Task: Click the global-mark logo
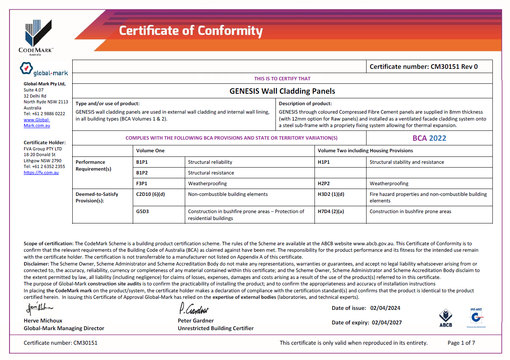44,70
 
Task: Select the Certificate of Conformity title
191,31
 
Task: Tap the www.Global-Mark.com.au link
37,122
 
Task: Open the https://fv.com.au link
41,173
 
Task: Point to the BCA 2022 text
429,138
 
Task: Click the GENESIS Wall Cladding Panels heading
282,91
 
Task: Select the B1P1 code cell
142,162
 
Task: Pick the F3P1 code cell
142,184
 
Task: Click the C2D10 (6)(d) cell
150,194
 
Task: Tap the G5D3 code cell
142,212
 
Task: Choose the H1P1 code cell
324,162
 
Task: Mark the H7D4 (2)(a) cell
331,212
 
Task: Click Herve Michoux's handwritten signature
39,308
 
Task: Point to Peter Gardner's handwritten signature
194,308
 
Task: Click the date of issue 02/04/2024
385,308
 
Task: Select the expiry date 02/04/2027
386,323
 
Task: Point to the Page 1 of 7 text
461,343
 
